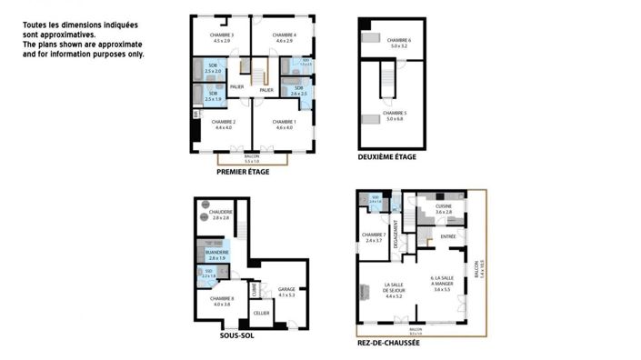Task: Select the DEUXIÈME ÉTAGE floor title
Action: point(386,157)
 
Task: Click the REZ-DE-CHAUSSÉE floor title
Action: point(388,344)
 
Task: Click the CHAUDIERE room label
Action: point(221,215)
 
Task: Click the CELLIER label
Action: point(262,312)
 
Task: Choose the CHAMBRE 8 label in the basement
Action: point(222,300)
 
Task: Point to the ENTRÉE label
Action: point(447,236)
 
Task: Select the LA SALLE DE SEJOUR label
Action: point(394,289)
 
